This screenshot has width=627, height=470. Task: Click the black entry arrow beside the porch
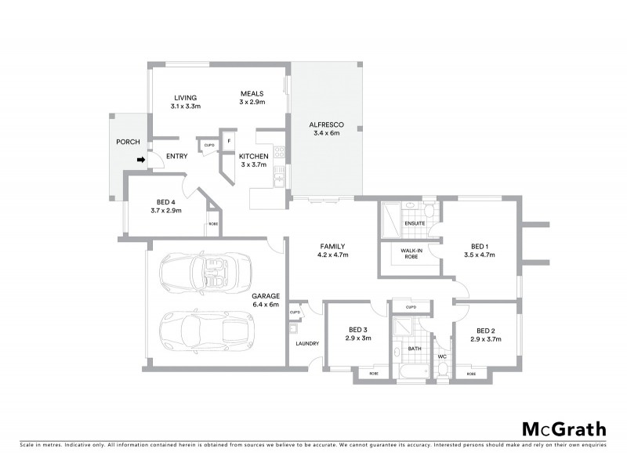(x=141, y=161)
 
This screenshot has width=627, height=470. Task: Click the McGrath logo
(x=564, y=428)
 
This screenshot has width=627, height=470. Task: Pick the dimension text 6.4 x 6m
(x=266, y=304)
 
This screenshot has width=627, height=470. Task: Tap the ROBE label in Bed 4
(x=212, y=225)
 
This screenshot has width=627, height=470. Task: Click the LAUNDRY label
(x=306, y=343)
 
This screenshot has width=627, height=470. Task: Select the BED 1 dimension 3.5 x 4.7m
(x=480, y=255)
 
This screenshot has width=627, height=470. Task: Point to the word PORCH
(x=128, y=142)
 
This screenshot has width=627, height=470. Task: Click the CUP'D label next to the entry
(x=209, y=145)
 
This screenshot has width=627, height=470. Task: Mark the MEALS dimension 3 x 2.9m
(x=252, y=103)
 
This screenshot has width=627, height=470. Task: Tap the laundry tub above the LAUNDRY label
(x=296, y=313)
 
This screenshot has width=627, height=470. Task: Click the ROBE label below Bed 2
(x=471, y=374)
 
